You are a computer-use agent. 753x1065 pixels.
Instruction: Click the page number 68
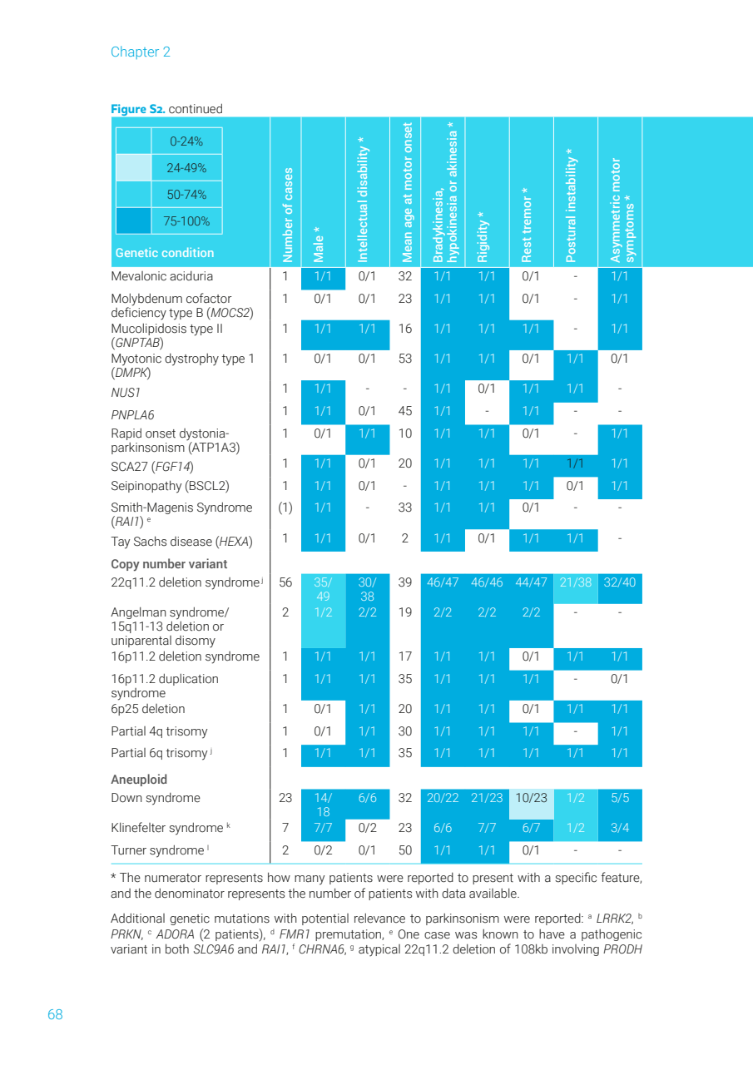pos(55,1014)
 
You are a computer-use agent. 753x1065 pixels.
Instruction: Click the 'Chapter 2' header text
pos(140,52)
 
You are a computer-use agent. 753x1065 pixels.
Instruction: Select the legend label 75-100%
pos(186,221)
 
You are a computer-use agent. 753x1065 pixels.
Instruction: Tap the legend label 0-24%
pos(186,141)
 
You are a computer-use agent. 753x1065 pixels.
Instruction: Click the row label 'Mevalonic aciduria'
pos(162,276)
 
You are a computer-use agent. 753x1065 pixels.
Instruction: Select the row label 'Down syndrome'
pos(156,798)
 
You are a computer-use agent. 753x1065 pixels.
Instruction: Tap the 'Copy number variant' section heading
pos(169,564)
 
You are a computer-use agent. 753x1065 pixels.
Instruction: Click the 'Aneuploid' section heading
pos(139,780)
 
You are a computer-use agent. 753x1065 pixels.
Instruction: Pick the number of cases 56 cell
pos(285,582)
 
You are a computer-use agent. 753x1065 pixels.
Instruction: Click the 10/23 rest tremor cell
pos(531,798)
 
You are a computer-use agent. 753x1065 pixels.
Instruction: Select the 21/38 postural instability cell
pos(575,582)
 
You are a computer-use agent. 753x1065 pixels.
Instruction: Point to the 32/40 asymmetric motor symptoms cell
pos(619,582)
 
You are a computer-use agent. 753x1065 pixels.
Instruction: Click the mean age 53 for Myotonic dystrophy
pos(405,359)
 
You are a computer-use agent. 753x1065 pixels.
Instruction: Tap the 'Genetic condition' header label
pos(165,253)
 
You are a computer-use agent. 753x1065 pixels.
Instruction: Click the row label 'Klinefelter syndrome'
pos(167,828)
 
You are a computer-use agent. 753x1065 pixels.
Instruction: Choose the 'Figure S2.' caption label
pos(137,109)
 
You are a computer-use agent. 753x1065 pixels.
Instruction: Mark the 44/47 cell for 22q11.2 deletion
pos(531,582)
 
